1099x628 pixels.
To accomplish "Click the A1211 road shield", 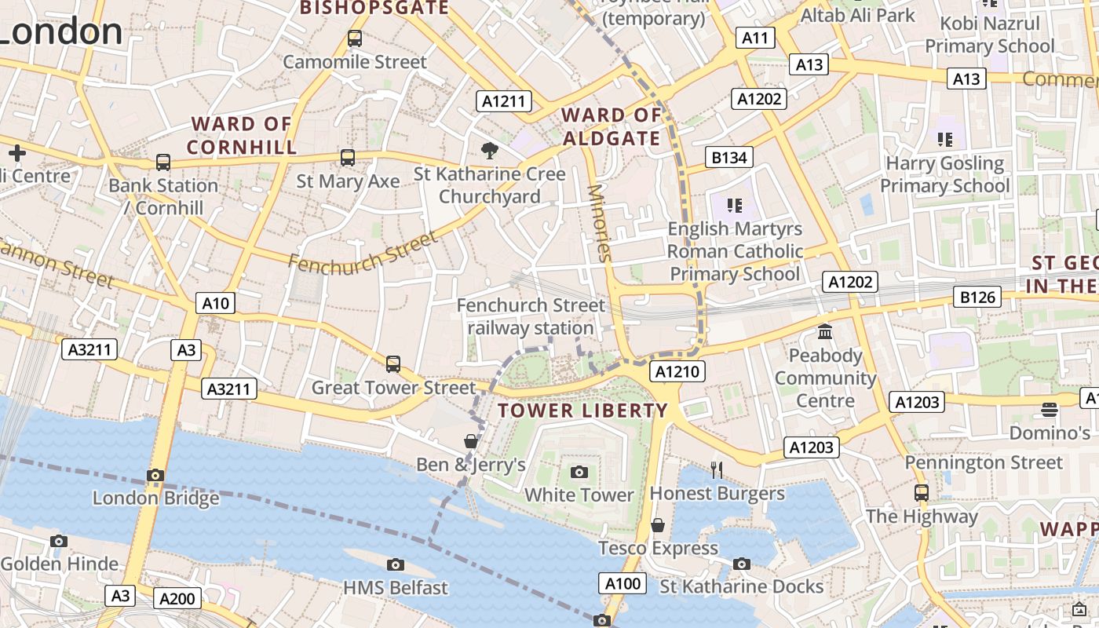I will [x=504, y=100].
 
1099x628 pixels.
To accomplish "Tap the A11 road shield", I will [x=755, y=38].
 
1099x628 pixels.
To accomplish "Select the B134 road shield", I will [x=728, y=157].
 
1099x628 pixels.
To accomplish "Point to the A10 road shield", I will [x=215, y=303].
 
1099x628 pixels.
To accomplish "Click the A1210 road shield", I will [x=677, y=371].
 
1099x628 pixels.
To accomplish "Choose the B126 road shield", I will [x=978, y=297].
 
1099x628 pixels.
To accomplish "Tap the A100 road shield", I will [x=623, y=582].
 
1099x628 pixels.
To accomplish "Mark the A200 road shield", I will [x=177, y=599].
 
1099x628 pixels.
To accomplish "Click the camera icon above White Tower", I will [x=579, y=472].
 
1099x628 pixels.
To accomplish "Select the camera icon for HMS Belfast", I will [x=396, y=564].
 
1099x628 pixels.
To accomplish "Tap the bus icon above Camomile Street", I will [x=355, y=38].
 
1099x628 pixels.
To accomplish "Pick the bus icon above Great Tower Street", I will [x=393, y=364].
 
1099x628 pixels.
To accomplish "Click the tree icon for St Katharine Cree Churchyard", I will [x=490, y=150].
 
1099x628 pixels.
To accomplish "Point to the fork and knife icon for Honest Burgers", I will [x=716, y=469].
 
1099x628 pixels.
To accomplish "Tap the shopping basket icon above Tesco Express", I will [x=658, y=524].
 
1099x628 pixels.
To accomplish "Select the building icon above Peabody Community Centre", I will [x=825, y=332].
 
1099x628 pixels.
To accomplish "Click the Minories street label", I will [x=599, y=222].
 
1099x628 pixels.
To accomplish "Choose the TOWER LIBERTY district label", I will [x=582, y=410].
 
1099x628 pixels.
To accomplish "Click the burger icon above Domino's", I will [x=1050, y=409].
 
